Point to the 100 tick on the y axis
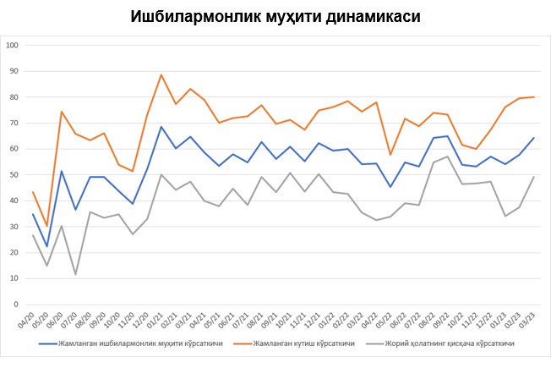tap(12, 45)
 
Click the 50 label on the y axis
tap(14, 174)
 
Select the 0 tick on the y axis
tap(17, 304)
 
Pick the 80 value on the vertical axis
tap(14, 96)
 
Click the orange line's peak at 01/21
tap(161, 74)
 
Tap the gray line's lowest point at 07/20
tap(75, 274)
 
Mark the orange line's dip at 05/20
tap(46, 225)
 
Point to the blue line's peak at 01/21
tap(161, 127)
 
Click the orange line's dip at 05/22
tap(390, 154)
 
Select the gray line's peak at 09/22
tap(447, 157)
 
